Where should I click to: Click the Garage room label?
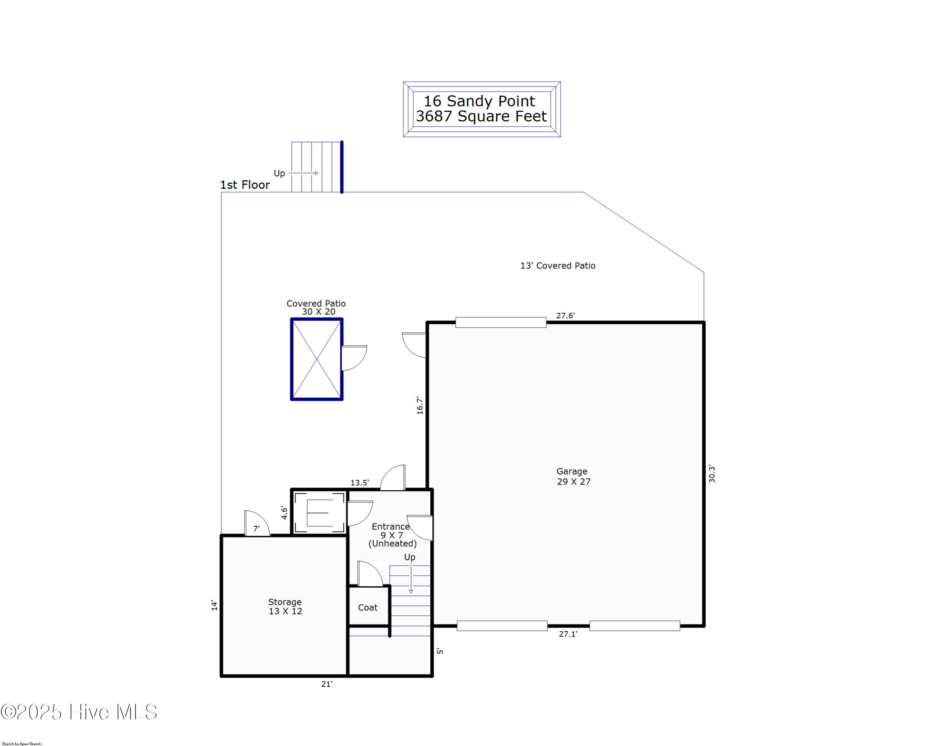pos(572,471)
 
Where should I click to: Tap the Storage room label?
pos(285,602)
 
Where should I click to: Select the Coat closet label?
pos(368,608)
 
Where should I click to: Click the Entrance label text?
pos(391,527)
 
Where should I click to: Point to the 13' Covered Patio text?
pos(558,265)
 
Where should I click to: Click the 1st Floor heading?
pos(245,185)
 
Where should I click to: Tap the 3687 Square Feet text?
pos(481,116)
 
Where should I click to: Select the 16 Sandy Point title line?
pos(479,101)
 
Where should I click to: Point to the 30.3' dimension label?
pos(712,474)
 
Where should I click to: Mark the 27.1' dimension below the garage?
pos(568,634)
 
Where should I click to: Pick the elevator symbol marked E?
pos(319,513)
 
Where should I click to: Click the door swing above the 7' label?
pos(257,523)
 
